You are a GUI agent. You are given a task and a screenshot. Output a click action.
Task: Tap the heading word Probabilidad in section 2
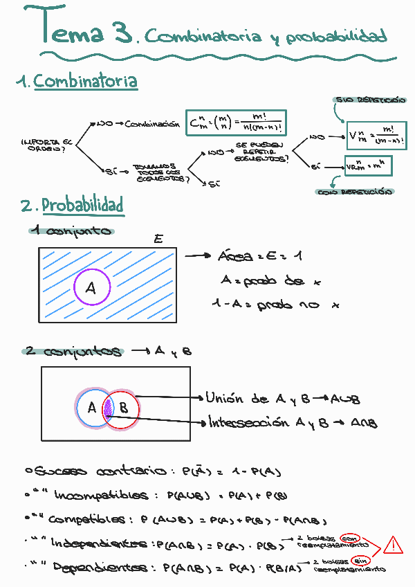pyautogui.click(x=82, y=206)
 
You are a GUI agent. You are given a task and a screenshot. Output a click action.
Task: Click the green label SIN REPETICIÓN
pyautogui.click(x=369, y=100)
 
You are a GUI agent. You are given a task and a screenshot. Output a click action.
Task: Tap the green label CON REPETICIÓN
pyautogui.click(x=356, y=192)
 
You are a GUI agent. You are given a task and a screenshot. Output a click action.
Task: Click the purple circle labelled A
pyautogui.click(x=91, y=289)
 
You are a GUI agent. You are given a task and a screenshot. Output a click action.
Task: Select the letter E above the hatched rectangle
pyautogui.click(x=158, y=240)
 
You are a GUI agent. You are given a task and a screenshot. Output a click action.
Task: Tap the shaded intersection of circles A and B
pyautogui.click(x=108, y=408)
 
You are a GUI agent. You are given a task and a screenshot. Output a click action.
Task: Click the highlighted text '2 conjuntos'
pyautogui.click(x=72, y=352)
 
